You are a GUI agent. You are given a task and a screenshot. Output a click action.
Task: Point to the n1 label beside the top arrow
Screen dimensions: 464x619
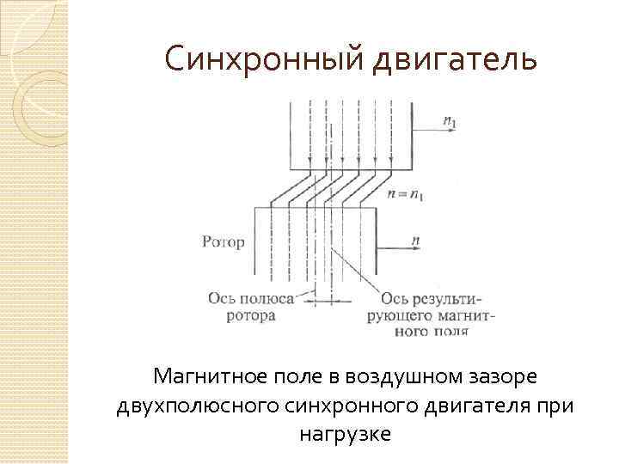point(450,122)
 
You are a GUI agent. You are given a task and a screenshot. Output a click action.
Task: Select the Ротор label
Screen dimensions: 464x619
point(224,242)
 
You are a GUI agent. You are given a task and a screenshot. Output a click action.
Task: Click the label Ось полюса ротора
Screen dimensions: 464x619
point(251,307)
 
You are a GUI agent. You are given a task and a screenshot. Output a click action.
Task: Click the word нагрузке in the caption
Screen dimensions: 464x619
point(345,434)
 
